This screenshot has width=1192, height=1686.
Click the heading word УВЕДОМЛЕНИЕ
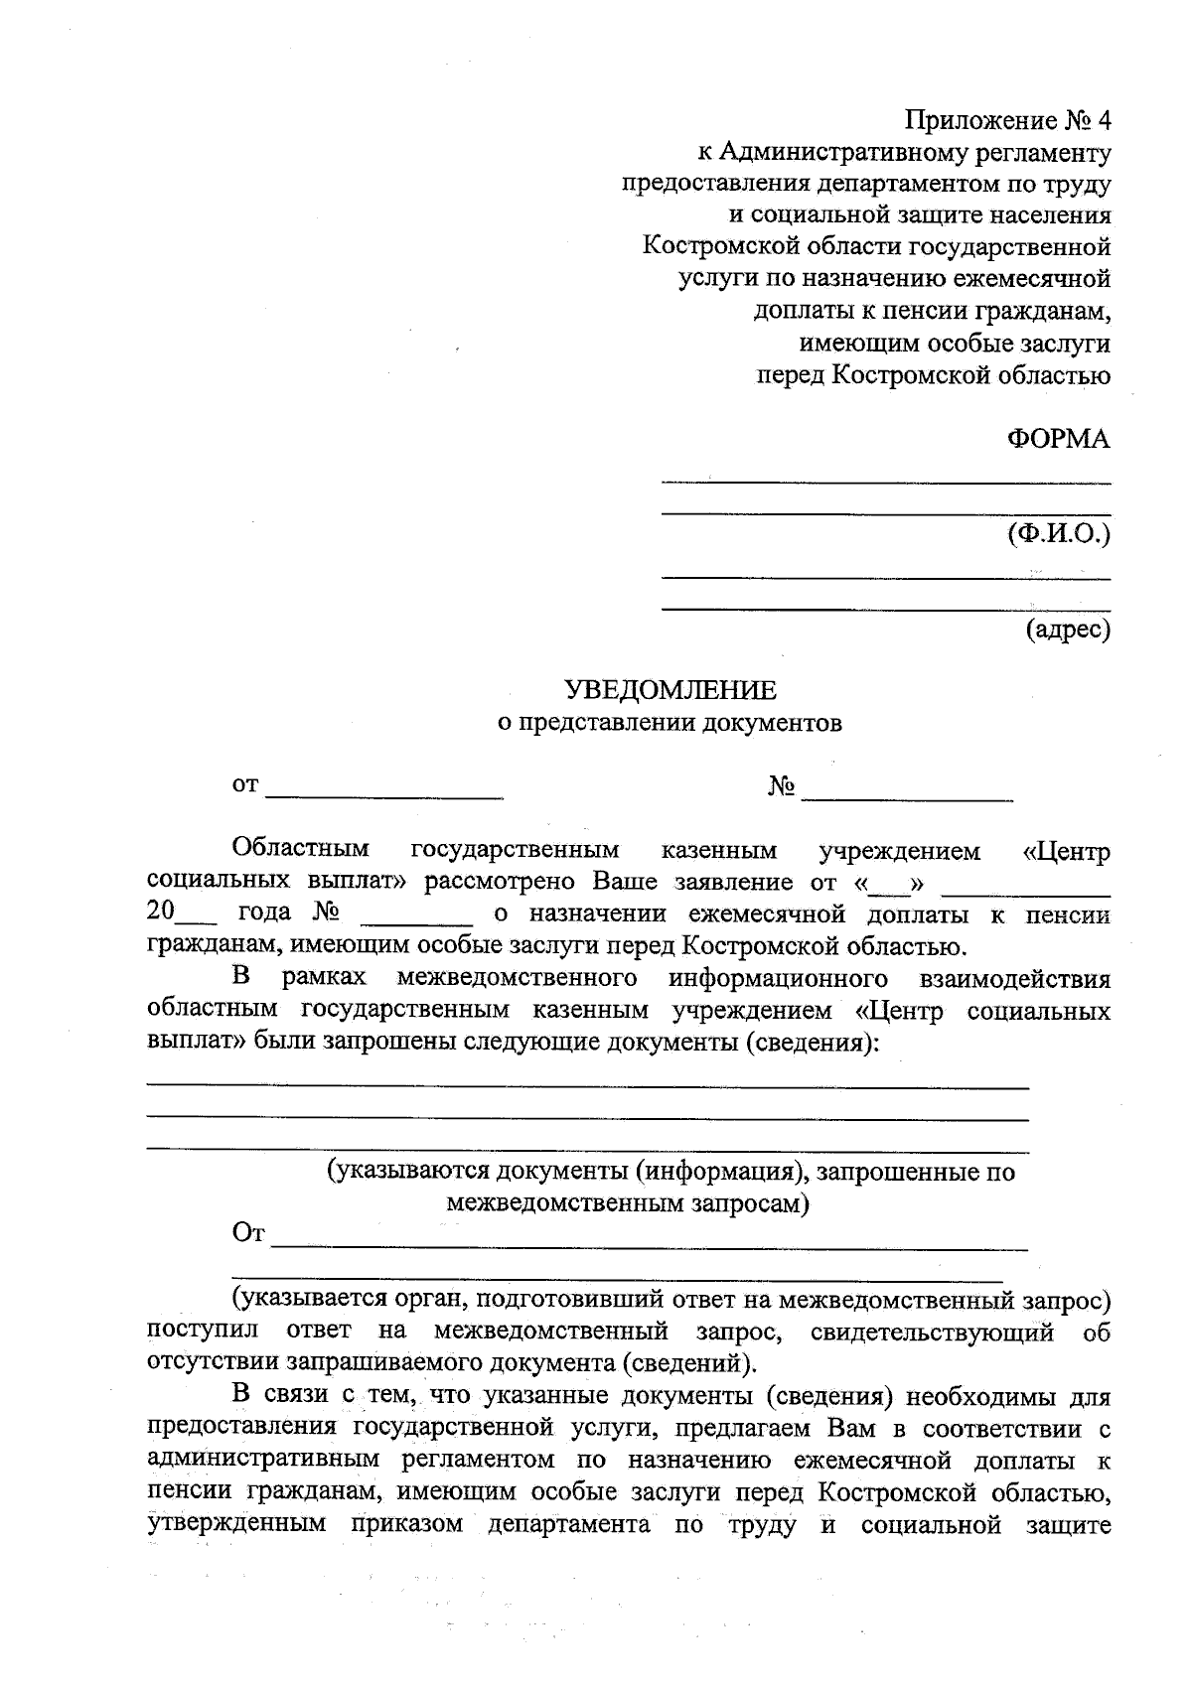click(x=670, y=689)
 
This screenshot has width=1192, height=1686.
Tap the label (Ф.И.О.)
click(x=1058, y=533)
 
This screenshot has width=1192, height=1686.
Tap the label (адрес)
click(x=1068, y=629)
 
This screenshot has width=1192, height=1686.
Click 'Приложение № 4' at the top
click(x=1007, y=121)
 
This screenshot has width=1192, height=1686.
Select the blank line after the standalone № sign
click(x=907, y=794)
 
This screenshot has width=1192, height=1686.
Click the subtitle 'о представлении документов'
click(x=670, y=722)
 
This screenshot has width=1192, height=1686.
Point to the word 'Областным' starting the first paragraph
click(x=300, y=849)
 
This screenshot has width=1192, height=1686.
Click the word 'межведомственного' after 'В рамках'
click(x=517, y=978)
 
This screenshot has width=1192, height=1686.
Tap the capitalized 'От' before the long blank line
click(x=248, y=1233)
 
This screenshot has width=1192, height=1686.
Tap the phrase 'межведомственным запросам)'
click(x=628, y=1203)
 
